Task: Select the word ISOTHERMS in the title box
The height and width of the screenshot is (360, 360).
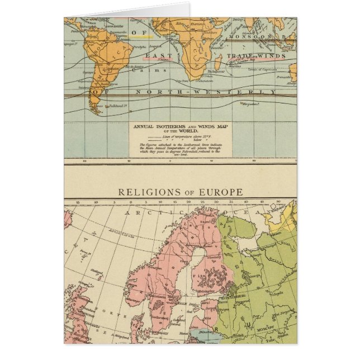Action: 165,126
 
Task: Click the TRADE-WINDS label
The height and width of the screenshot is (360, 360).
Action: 254,56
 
